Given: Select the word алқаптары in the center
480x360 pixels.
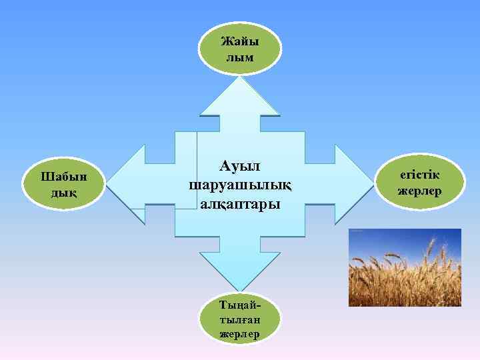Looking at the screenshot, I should [x=240, y=203].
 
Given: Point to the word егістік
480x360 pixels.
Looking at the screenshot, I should [x=420, y=175].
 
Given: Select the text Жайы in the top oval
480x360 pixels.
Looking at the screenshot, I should [x=240, y=41].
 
